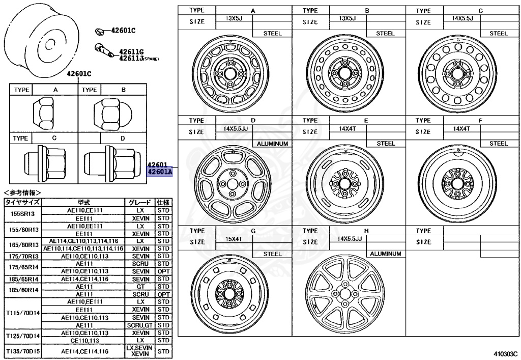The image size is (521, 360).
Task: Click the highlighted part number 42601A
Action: [160, 172]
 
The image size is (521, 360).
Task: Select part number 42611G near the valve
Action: [131, 52]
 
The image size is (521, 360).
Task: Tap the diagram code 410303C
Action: [504, 352]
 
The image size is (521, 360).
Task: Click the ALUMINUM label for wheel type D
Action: [273, 144]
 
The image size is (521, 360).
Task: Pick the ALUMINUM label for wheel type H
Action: [385, 253]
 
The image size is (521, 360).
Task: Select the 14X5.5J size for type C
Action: [462, 18]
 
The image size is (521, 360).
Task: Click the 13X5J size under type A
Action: [235, 18]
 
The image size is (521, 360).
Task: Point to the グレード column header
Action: [139, 202]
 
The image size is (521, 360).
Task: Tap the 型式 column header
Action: [83, 202]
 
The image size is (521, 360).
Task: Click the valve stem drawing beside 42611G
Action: [104, 50]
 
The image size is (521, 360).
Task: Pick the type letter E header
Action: [365, 121]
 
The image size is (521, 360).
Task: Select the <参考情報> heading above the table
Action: [22, 193]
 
